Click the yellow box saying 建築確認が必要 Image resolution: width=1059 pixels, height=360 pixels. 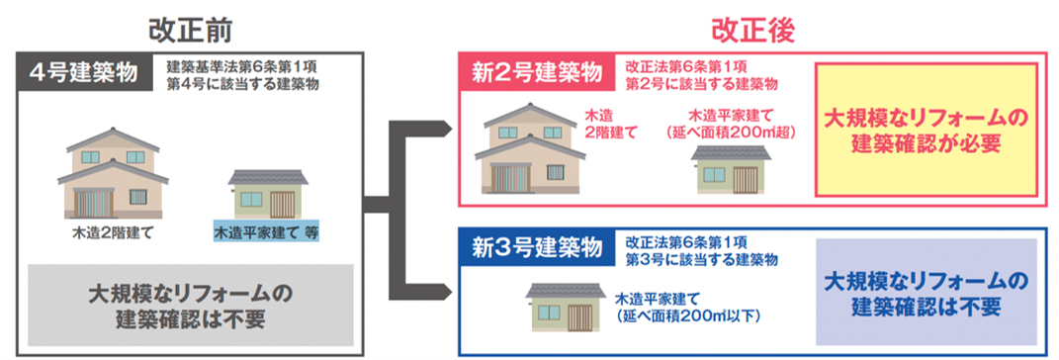[926, 131]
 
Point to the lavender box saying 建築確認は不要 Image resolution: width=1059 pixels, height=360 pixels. [926, 293]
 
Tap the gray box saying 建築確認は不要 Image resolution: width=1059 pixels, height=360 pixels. [191, 305]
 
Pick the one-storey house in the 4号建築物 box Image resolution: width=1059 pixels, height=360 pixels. [268, 193]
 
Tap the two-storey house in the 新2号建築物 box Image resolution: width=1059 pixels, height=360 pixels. [530, 148]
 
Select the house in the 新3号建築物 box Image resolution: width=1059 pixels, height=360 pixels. [567, 308]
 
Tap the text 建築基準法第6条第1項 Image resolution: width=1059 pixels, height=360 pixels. [242, 68]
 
